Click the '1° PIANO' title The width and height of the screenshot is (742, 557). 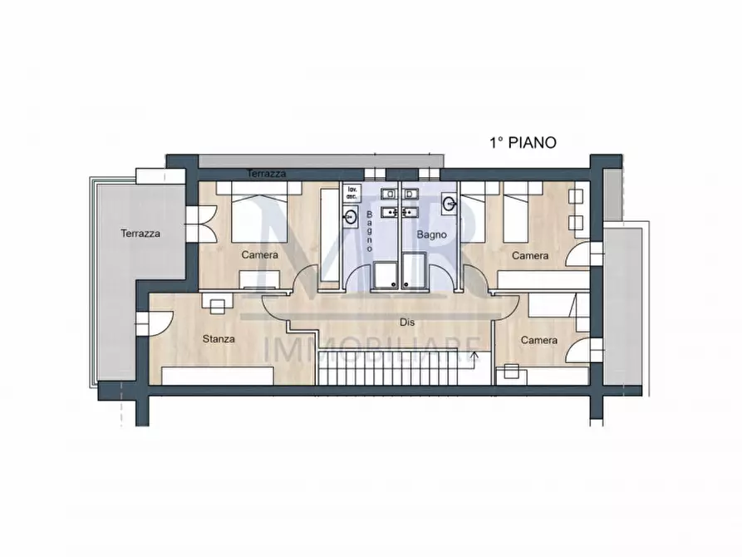(x=522, y=143)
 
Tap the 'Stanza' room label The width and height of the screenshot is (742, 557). (x=219, y=339)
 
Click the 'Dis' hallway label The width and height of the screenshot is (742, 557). (x=406, y=322)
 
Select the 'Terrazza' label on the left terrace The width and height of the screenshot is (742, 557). (x=140, y=234)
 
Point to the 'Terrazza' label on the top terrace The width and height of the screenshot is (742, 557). (x=267, y=174)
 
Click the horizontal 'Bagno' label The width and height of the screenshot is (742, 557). (x=432, y=235)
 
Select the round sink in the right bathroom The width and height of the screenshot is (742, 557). (x=450, y=202)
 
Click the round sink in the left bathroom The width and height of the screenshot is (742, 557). (x=349, y=216)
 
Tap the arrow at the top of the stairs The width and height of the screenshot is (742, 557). (x=474, y=357)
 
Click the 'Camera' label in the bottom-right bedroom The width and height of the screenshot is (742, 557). (x=538, y=341)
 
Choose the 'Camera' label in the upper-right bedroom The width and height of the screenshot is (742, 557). (x=530, y=256)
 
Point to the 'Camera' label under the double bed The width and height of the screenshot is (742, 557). (x=260, y=255)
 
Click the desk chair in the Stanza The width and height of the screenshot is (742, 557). (x=217, y=307)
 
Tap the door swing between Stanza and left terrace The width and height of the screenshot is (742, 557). (x=160, y=320)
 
